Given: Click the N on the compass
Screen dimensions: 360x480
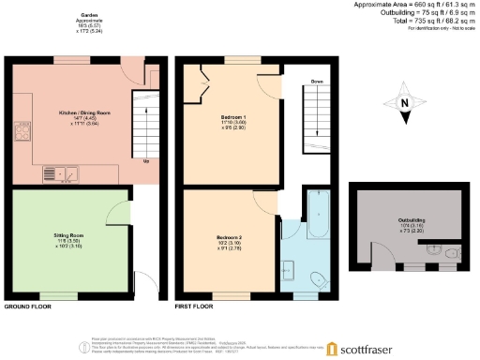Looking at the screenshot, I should tap(404, 104).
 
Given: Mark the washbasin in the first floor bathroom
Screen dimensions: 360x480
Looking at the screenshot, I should tap(290, 272).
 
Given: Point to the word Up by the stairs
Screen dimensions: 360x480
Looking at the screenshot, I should tap(146, 160).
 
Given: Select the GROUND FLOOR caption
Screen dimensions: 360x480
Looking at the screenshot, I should tap(27, 307).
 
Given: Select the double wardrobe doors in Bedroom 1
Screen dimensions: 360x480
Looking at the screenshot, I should tap(202, 87).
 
